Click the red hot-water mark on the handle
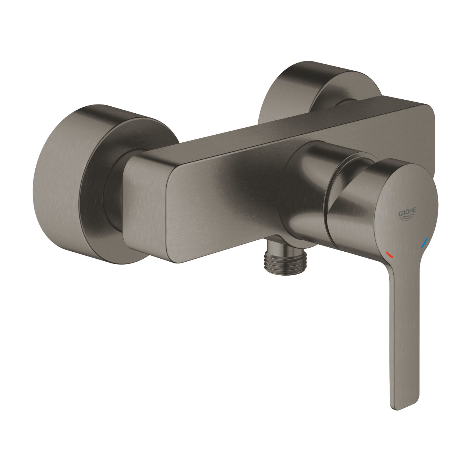point(389,254)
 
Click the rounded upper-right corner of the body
point(427,110)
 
